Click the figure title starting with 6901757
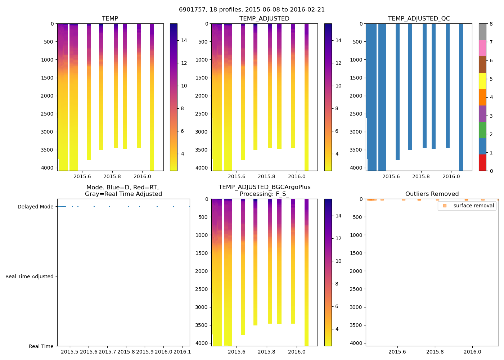coord(252,10)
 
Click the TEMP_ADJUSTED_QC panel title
coord(419,19)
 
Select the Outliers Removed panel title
coord(432,194)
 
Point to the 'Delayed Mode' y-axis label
coord(35,207)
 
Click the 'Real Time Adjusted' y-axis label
coord(29,276)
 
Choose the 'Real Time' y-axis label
coord(41,346)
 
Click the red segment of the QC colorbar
coord(482,163)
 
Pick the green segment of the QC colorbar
coord(482,130)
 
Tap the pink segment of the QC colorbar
coord(482,48)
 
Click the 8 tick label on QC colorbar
coord(491,24)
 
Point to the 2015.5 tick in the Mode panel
coord(69,352)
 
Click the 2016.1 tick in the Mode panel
coord(182,352)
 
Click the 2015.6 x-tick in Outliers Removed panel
coord(397,352)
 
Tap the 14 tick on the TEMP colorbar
coord(184,40)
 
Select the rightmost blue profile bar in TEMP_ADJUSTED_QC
coord(461,97)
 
